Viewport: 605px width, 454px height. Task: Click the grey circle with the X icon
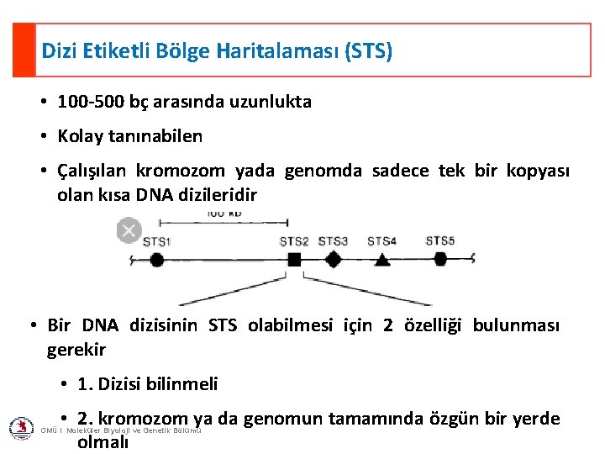click(129, 230)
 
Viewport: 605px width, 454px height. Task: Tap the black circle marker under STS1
click(156, 260)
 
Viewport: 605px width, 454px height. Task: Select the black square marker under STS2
click(294, 261)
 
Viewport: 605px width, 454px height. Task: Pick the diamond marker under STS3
click(334, 260)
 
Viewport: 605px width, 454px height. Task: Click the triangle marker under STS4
click(382, 260)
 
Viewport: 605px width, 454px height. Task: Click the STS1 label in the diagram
click(156, 242)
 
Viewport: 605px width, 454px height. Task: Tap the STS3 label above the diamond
click(333, 242)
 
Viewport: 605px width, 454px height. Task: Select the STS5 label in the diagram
click(439, 241)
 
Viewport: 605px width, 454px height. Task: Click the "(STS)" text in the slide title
click(368, 50)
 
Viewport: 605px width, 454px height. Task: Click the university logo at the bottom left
click(21, 429)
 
